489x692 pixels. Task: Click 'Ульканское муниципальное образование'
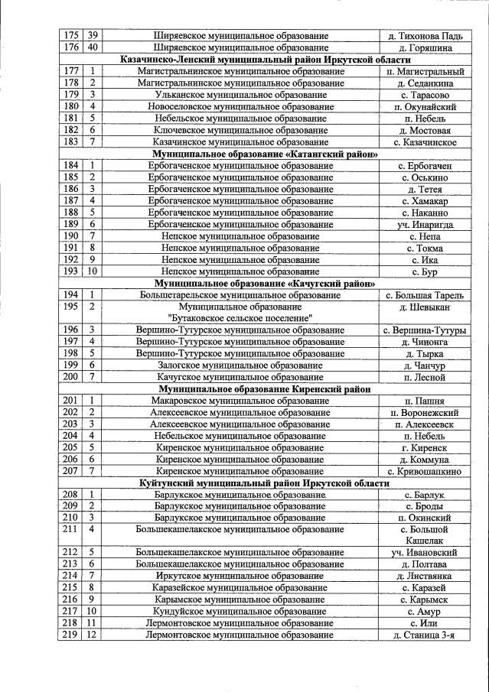click(241, 95)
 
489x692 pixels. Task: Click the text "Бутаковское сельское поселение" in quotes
click(241, 317)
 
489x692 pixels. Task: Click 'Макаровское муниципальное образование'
click(241, 400)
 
